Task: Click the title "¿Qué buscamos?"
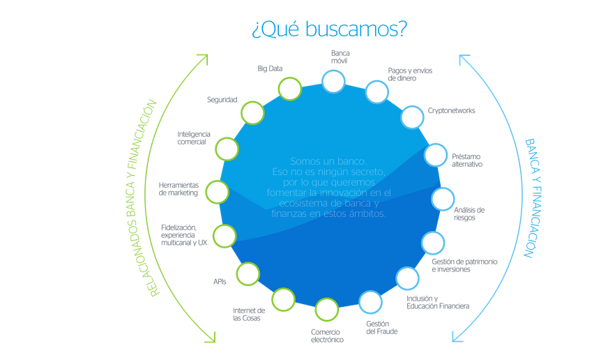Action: coord(329,29)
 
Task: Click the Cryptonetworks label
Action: coord(451,111)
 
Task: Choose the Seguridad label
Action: coord(222,100)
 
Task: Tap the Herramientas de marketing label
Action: coord(178,189)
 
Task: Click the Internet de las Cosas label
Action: coord(249,315)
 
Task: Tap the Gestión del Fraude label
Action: coord(382,328)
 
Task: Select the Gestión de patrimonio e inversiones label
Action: coord(464,266)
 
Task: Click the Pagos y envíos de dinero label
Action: coord(410,75)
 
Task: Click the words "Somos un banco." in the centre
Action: coord(328,161)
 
